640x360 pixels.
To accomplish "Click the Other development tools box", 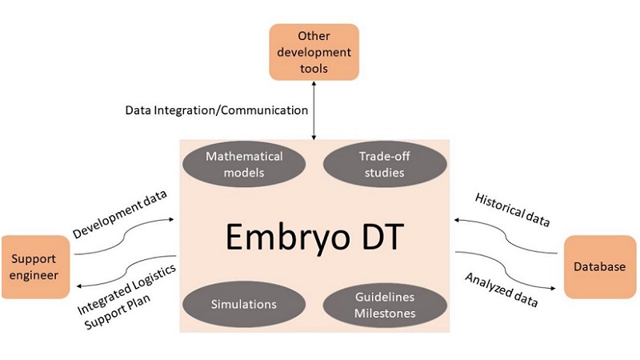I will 313,52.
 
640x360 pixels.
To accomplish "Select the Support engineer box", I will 35,267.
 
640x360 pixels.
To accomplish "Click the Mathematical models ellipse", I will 244,163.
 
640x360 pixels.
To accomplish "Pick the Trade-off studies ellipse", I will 374,163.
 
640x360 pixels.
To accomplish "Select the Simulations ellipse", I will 244,304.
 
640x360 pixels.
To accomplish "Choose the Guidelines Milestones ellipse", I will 374,304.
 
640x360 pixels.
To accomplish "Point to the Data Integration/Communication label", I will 215,109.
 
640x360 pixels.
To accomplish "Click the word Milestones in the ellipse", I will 385,313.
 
